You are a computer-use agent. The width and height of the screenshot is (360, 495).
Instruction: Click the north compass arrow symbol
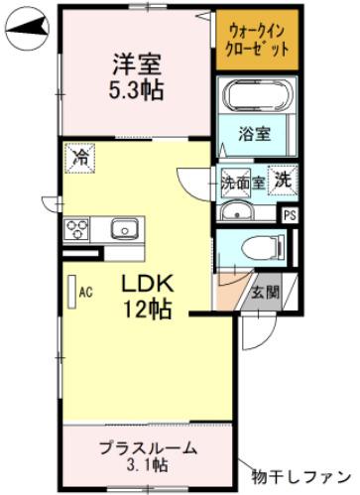coord(27,29)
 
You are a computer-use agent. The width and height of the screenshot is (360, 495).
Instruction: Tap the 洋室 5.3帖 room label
coord(137,76)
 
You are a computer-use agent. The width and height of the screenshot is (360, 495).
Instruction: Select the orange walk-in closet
coord(257,40)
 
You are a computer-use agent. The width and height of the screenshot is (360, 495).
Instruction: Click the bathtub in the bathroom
coord(257,95)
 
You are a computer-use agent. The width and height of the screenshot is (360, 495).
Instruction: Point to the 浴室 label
coord(255,134)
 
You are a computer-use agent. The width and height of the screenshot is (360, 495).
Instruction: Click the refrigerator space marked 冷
coord(80,159)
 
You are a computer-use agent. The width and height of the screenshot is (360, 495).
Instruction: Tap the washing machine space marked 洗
coord(283,180)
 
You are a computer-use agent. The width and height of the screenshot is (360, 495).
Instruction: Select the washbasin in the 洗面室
coord(237,210)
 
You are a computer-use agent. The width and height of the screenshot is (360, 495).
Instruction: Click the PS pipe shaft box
coord(290,215)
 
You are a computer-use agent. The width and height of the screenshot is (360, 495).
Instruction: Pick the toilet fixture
coord(263,248)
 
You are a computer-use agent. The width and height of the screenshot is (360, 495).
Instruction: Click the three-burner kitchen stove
coord(77,229)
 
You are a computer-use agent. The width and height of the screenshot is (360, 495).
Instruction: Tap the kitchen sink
coord(124,227)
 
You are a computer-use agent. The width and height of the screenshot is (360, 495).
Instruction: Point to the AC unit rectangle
coord(72,293)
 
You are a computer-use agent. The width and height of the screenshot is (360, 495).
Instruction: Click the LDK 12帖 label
coord(148,297)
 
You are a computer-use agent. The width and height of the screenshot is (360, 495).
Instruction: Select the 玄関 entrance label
coord(266,293)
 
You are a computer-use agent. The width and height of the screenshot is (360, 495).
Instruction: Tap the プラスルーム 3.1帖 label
coord(148,456)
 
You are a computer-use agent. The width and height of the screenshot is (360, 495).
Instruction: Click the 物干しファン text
coord(300,477)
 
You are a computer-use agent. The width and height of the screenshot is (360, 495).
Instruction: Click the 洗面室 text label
coord(243,183)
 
